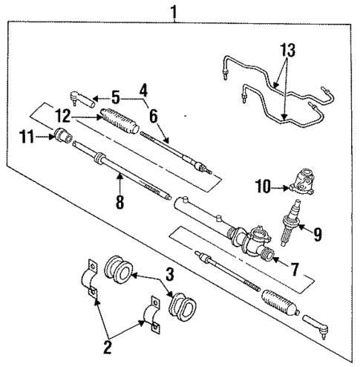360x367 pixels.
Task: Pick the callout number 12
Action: pyautogui.click(x=64, y=114)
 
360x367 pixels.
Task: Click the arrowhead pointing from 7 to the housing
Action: pyautogui.click(x=275, y=259)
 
